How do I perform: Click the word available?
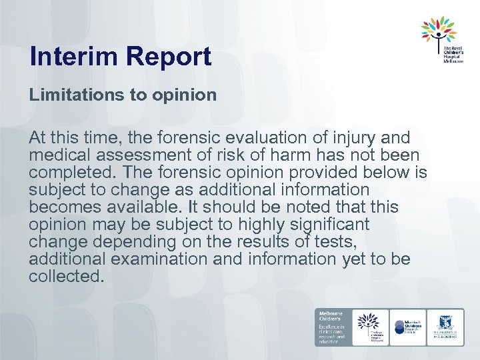(147, 207)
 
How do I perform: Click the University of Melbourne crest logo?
(445, 327)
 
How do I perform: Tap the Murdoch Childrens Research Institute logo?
(408, 327)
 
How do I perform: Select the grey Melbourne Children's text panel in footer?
(333, 327)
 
